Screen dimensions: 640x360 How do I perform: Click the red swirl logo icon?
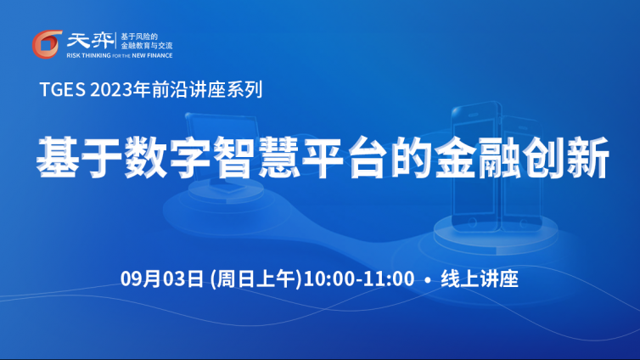(47, 44)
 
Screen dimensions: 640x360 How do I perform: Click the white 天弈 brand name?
(90, 41)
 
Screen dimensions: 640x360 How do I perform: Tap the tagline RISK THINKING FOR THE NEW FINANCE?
(120, 55)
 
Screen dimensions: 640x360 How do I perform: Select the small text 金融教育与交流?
(147, 46)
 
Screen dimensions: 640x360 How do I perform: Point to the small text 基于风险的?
(139, 37)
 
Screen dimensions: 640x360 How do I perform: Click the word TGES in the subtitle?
(63, 89)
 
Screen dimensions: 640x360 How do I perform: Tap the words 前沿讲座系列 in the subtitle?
(207, 89)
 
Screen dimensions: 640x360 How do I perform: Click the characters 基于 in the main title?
(79, 157)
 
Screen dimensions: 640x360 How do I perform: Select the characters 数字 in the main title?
(167, 157)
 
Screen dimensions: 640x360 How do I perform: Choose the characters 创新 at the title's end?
(566, 157)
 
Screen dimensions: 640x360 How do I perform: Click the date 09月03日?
(162, 278)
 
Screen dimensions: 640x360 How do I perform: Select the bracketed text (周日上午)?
(255, 278)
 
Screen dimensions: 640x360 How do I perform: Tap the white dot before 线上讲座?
(427, 280)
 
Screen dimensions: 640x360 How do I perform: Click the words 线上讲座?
(480, 278)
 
